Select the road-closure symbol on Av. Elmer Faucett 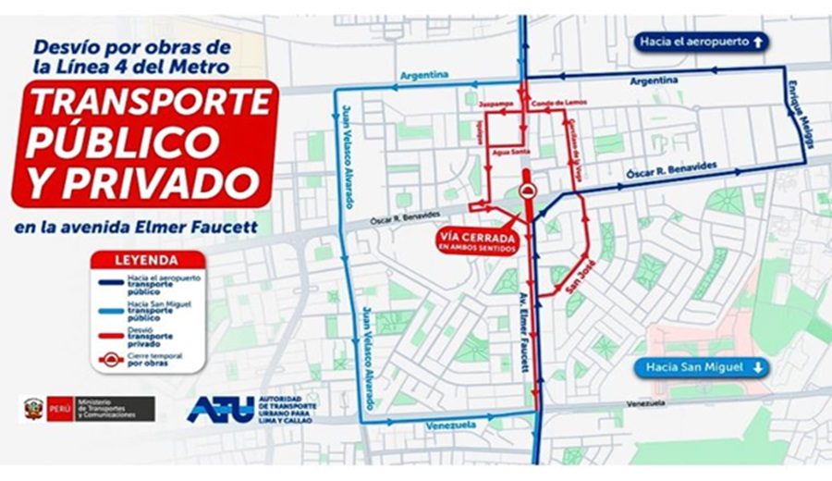[x=527, y=191]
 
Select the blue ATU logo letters [x=219, y=410]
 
